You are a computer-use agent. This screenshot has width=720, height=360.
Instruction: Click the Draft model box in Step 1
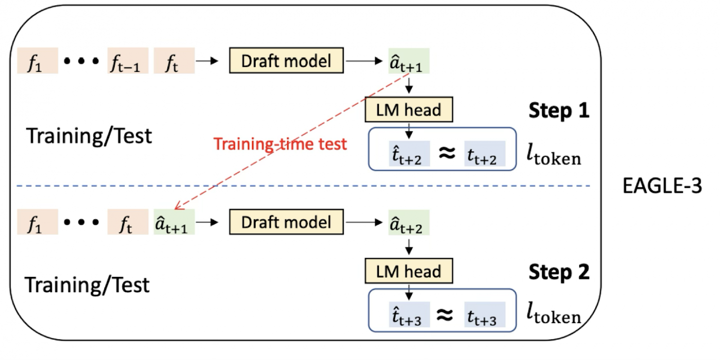click(287, 60)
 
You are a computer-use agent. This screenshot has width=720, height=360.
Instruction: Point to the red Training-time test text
click(280, 144)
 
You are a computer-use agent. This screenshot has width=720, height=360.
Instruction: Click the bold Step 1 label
click(559, 111)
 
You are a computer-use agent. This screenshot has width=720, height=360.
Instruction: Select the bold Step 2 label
click(559, 272)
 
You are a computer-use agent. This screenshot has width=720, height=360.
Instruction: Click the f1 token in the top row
click(37, 61)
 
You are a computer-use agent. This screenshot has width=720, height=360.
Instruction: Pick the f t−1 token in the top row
click(128, 61)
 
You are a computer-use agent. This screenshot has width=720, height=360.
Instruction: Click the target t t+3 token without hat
click(484, 316)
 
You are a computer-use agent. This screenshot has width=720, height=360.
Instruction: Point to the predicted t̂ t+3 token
click(409, 316)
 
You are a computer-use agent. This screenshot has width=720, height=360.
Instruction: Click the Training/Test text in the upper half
click(89, 136)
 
